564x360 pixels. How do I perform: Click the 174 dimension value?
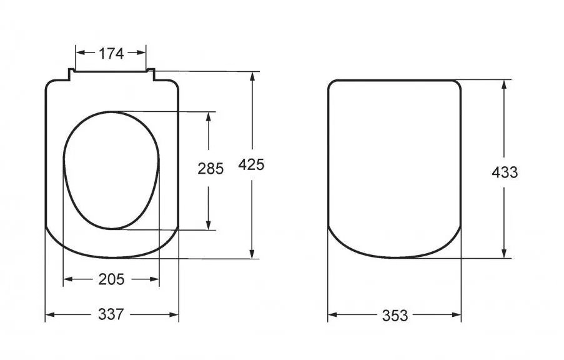111,53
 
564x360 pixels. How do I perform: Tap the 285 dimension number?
210,168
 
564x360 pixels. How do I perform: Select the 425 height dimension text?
251,164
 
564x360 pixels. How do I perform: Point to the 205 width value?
111,279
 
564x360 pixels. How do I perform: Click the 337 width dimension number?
111,314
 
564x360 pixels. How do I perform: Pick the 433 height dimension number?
505,172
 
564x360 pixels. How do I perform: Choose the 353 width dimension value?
395,316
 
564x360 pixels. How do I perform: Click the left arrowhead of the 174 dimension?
80,52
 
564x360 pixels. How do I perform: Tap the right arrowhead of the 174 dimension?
141,52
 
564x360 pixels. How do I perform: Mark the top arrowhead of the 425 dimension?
252,77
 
